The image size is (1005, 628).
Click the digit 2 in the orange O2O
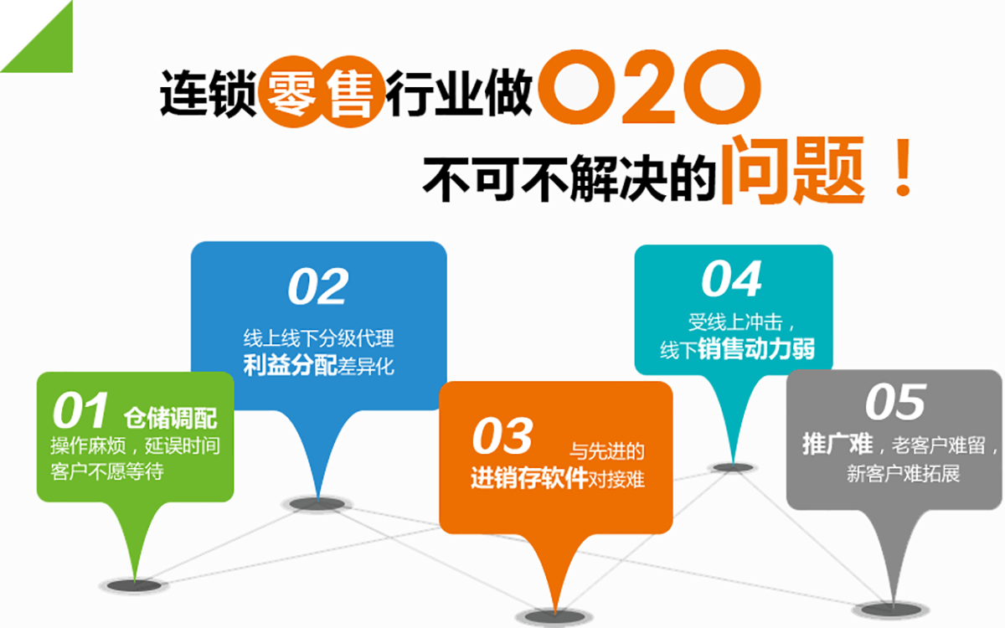[x=649, y=87]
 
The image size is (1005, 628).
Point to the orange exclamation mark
[x=902, y=167]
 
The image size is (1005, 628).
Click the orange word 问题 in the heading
[x=792, y=169]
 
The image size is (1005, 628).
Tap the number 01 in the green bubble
[x=80, y=410]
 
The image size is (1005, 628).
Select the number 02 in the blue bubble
[x=318, y=286]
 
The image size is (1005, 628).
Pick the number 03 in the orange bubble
[x=502, y=435]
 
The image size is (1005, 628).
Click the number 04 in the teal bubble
[x=732, y=279]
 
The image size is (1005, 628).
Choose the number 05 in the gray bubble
[x=895, y=403]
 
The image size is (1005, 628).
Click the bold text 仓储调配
[x=171, y=418]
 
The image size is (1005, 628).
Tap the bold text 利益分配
[x=290, y=366]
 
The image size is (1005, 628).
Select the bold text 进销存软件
[x=529, y=478]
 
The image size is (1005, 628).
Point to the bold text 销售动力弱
[x=757, y=349]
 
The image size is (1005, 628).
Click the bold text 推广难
[x=837, y=445]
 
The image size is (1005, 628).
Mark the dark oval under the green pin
[x=134, y=585]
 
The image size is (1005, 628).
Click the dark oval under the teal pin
[x=733, y=468]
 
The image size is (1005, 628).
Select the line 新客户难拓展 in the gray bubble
[x=903, y=474]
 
